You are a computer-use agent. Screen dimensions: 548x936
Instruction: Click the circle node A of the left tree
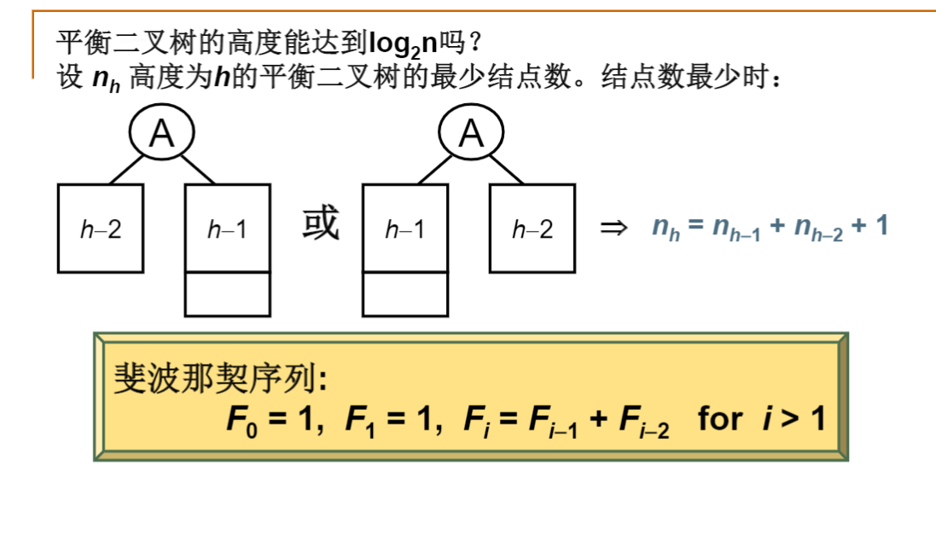click(x=162, y=134)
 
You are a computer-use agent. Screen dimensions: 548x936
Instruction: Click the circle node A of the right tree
click(x=471, y=134)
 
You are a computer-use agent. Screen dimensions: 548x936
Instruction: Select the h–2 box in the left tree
click(x=99, y=228)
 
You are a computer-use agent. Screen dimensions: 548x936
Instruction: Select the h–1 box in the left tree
click(x=227, y=228)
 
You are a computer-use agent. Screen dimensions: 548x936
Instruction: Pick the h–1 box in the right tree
click(x=404, y=228)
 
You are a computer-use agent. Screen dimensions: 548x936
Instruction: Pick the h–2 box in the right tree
click(x=532, y=228)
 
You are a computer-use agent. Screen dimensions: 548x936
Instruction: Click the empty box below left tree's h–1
click(x=227, y=294)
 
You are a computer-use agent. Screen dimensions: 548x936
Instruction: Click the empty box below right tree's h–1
click(x=404, y=294)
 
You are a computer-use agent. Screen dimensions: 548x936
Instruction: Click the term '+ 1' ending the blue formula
click(x=870, y=227)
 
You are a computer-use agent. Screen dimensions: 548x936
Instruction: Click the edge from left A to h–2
click(x=125, y=169)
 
